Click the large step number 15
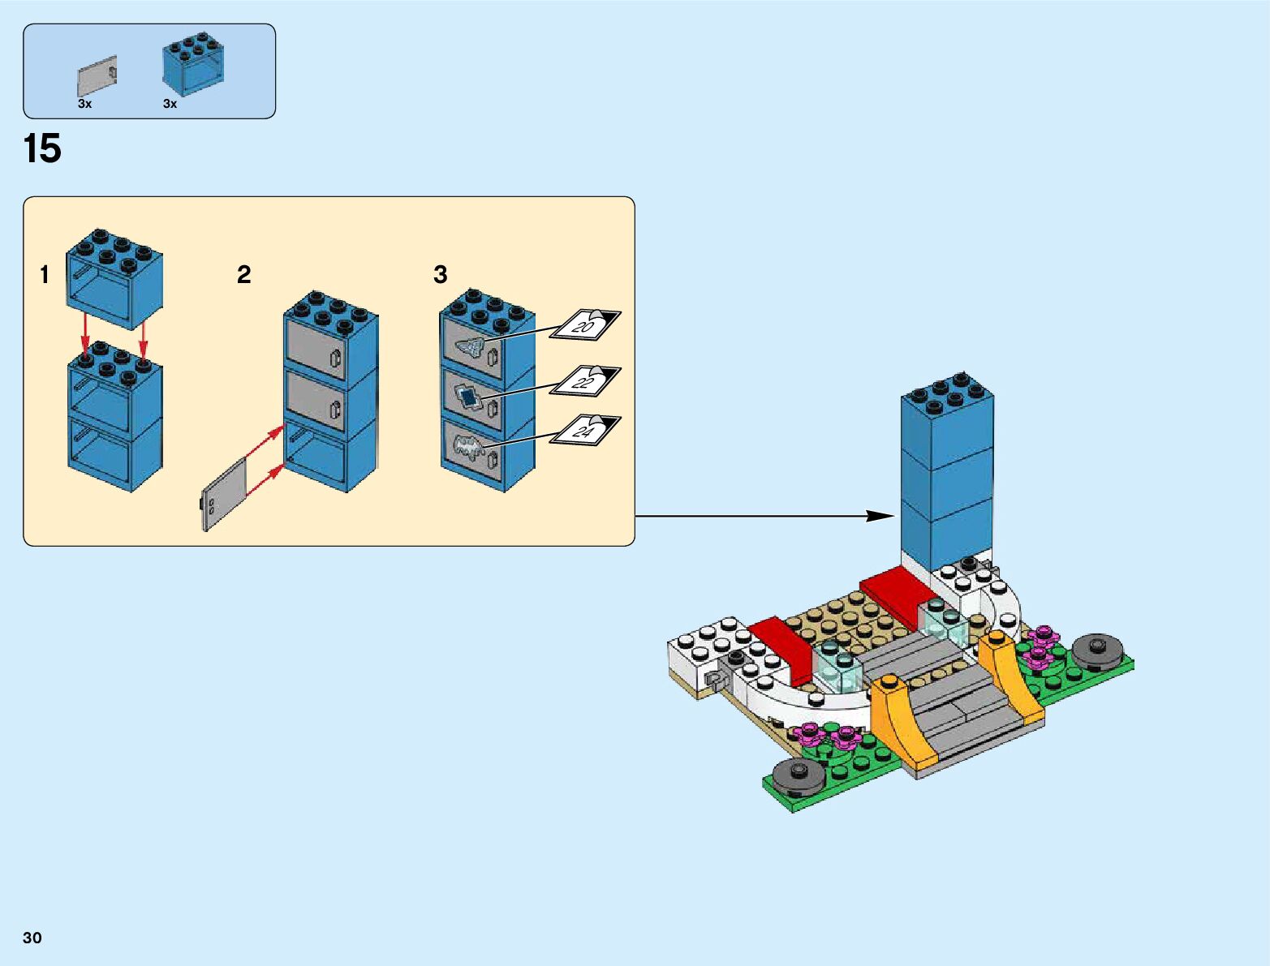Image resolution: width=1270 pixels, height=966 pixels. pos(42,149)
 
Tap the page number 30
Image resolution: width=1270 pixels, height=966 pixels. pos(32,938)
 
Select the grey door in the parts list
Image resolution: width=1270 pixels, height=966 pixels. pos(97,76)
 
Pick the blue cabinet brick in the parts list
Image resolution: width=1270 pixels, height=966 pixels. pos(193,66)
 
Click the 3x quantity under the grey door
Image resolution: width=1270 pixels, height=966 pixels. pos(85,104)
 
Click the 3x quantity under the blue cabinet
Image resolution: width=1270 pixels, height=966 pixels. pos(170,104)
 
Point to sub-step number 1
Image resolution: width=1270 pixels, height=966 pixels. pos(45,275)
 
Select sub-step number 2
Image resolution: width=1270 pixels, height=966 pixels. pos(243,275)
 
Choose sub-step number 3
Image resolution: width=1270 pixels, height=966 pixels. pos(441,275)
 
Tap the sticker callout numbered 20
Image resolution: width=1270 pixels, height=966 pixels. pos(584,325)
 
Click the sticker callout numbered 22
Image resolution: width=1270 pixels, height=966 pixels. pos(584,380)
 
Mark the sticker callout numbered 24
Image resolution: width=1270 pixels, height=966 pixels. pos(584,430)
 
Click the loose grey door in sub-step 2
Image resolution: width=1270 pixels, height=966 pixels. pos(223,495)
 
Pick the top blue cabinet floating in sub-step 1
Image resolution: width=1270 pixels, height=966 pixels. pos(114,278)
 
